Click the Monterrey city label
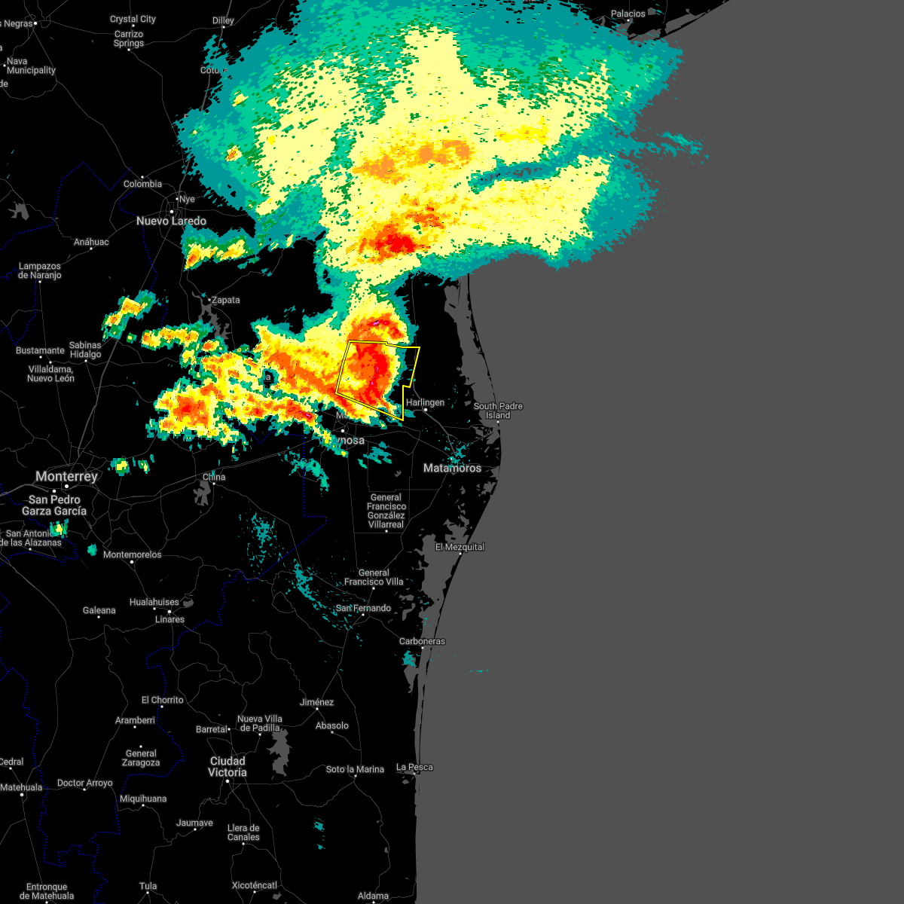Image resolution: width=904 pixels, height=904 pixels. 66,477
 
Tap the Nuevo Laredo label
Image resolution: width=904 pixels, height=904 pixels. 171,221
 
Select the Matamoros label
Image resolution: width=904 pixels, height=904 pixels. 452,468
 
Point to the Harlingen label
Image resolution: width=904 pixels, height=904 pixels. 425,402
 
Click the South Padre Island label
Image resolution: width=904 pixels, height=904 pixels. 498,411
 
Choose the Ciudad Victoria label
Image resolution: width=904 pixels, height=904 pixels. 228,766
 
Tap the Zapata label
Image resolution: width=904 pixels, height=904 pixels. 225,300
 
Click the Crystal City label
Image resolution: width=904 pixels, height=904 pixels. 133,19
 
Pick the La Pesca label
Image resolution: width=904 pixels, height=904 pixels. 415,767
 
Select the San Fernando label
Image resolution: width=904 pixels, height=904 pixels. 363,608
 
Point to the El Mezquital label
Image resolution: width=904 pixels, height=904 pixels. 460,547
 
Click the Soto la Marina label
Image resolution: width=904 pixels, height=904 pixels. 355,769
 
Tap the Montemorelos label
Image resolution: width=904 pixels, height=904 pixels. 133,554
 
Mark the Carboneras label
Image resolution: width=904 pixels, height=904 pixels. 422,641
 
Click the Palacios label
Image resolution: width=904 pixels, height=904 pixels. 628,14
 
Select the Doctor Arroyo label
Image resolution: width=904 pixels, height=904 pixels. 84,783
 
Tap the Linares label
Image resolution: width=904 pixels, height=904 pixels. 169,619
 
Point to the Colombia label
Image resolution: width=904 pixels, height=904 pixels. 142,184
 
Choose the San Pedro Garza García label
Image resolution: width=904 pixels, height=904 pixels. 54,505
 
